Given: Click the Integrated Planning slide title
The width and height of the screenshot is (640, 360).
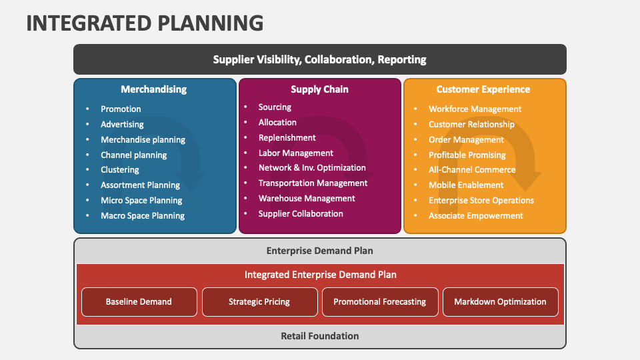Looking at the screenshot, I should [x=145, y=23].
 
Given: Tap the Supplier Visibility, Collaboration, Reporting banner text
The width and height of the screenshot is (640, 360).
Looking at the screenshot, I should [x=319, y=59].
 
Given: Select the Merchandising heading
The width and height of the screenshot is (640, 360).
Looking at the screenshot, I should [x=153, y=89].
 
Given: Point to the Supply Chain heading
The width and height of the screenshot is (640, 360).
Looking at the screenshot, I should [x=319, y=89].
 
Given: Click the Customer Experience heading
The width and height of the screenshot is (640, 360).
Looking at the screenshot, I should [x=483, y=89].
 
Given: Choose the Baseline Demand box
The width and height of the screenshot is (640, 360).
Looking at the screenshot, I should [x=139, y=302].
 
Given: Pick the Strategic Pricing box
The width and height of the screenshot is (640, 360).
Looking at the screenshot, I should [x=259, y=302].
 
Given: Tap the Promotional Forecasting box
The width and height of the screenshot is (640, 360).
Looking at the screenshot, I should [x=380, y=302].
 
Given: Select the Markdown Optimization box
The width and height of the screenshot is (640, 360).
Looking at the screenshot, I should [x=500, y=302].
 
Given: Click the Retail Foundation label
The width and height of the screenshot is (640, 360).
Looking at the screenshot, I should [x=319, y=336].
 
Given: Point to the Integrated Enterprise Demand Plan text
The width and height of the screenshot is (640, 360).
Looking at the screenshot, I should [x=320, y=275].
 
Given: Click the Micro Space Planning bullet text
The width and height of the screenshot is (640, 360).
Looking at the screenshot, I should [x=141, y=201].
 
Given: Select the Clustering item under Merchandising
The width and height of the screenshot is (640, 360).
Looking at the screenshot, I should [x=120, y=170].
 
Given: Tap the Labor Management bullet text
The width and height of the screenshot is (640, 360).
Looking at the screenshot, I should [x=296, y=153].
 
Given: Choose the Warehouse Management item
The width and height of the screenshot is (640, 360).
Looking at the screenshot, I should [x=307, y=199].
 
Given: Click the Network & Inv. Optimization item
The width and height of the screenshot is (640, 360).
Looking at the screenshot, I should [x=312, y=168].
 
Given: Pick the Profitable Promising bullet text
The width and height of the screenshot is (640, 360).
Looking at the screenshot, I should [x=467, y=155].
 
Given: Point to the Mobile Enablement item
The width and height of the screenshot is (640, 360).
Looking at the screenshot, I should [x=466, y=185].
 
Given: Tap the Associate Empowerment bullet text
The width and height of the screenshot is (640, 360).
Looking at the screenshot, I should [x=476, y=216].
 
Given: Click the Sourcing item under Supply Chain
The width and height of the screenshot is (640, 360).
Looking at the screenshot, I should [x=275, y=107].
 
